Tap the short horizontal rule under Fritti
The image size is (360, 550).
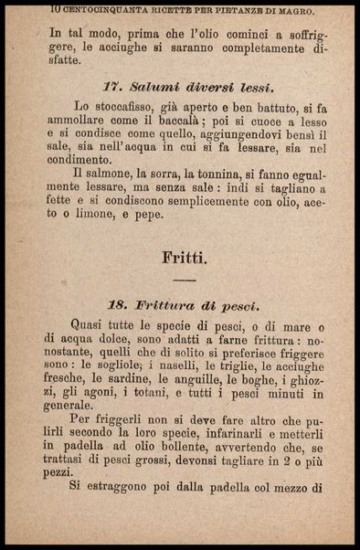pyautogui.click(x=185, y=278)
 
